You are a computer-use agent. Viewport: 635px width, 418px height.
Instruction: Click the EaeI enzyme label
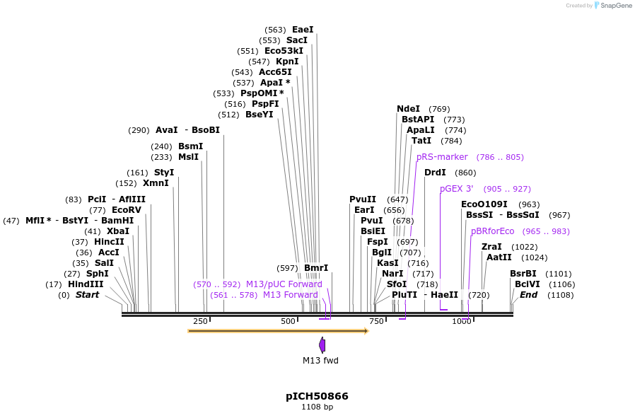[x=303, y=30]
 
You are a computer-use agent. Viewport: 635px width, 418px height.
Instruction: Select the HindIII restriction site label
[x=86, y=284]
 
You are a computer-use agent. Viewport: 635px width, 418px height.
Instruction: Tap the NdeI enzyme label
[x=408, y=109]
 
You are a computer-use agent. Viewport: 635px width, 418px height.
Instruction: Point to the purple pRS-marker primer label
[x=442, y=157]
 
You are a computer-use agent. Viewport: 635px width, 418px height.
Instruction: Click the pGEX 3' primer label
[x=456, y=189]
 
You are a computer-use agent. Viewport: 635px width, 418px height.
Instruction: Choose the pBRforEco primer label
[x=492, y=231]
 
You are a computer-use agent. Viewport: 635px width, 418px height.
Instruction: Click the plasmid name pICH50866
[x=317, y=396]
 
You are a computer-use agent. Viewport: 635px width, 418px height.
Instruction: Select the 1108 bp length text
[x=317, y=407]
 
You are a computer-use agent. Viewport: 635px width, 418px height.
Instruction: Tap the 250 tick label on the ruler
[x=200, y=322]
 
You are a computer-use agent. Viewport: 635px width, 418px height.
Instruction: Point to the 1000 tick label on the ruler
[x=461, y=322]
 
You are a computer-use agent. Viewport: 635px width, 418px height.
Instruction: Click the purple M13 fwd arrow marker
[x=322, y=345]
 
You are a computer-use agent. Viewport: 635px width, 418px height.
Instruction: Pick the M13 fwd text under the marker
[x=320, y=361]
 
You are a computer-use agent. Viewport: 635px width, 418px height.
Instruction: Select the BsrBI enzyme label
[x=523, y=274]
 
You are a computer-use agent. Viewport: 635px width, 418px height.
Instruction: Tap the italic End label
[x=528, y=295]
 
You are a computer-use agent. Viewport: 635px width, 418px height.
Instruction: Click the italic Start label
[x=88, y=295]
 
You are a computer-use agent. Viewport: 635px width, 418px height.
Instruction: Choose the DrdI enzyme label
[x=435, y=173]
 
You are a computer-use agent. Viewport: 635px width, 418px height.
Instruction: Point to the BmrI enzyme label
[x=316, y=268]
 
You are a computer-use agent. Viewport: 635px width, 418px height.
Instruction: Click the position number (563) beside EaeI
[x=275, y=30]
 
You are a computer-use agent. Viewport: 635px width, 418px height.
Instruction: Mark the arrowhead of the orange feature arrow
[x=366, y=331]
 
